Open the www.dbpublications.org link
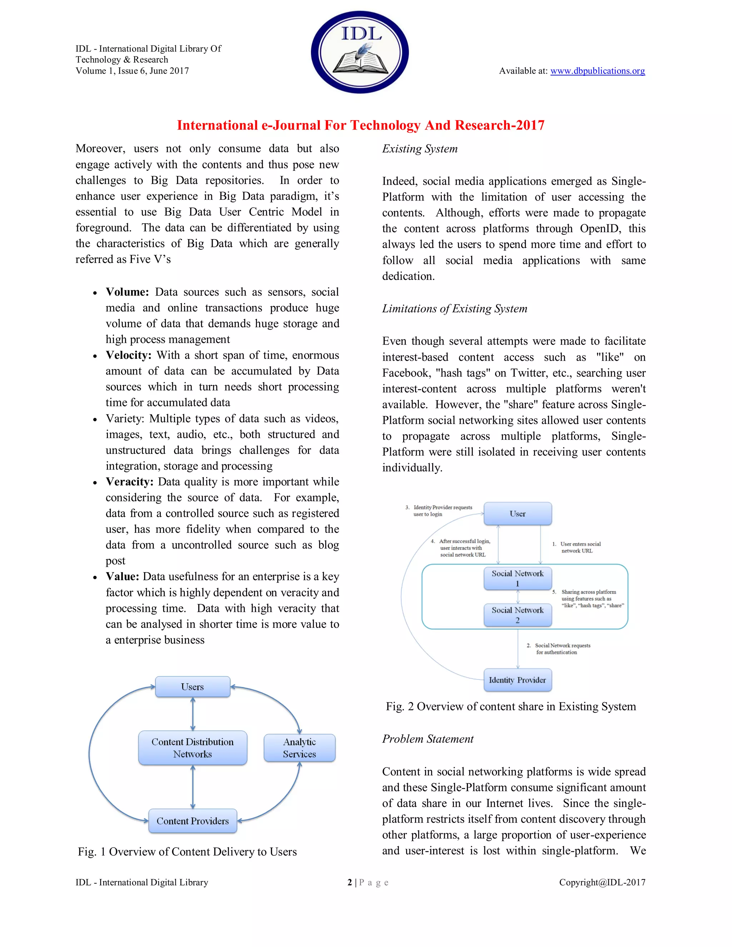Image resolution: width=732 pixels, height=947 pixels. pyautogui.click(x=597, y=71)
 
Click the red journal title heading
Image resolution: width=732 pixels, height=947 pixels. pyautogui.click(x=360, y=125)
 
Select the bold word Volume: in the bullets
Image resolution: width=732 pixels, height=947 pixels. pyautogui.click(x=127, y=292)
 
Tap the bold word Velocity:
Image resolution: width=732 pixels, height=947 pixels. pyautogui.click(x=128, y=355)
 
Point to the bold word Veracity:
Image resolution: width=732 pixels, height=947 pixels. pyautogui.click(x=129, y=482)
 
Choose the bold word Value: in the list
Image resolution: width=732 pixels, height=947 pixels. pyautogui.click(x=122, y=577)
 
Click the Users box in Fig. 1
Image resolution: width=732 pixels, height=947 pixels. pyautogui.click(x=193, y=687)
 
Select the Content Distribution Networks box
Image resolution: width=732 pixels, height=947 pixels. pyautogui.click(x=193, y=748)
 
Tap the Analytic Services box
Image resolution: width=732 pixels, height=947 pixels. pyautogui.click(x=299, y=748)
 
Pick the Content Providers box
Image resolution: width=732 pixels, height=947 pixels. pyautogui.click(x=193, y=821)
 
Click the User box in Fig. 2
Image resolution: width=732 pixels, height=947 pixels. pyautogui.click(x=517, y=514)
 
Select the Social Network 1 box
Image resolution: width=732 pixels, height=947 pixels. pyautogui.click(x=517, y=578)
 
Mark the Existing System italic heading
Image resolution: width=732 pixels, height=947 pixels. pyautogui.click(x=419, y=149)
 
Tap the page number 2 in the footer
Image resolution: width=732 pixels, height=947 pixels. pyautogui.click(x=350, y=882)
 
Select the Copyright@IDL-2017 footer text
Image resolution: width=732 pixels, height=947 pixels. pyautogui.click(x=602, y=882)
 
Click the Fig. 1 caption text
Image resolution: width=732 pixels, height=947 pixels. pyautogui.click(x=187, y=852)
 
